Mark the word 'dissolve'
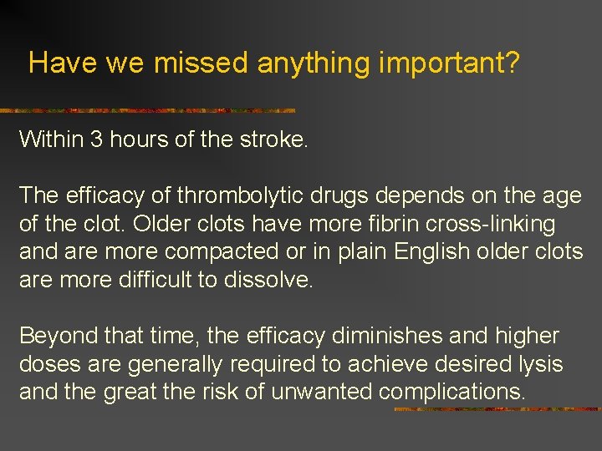268,280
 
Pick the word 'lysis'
539,365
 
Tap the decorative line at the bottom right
497,409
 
